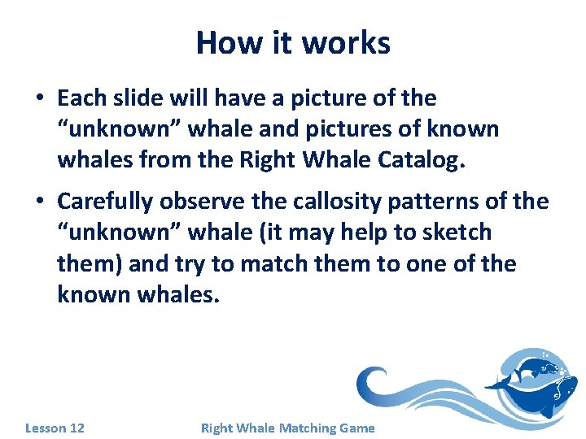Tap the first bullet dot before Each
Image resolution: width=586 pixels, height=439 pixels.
[39, 99]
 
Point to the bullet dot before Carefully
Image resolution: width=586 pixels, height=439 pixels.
[39, 202]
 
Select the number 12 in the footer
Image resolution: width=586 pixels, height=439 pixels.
[77, 428]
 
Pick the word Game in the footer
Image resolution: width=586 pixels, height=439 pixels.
[358, 428]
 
